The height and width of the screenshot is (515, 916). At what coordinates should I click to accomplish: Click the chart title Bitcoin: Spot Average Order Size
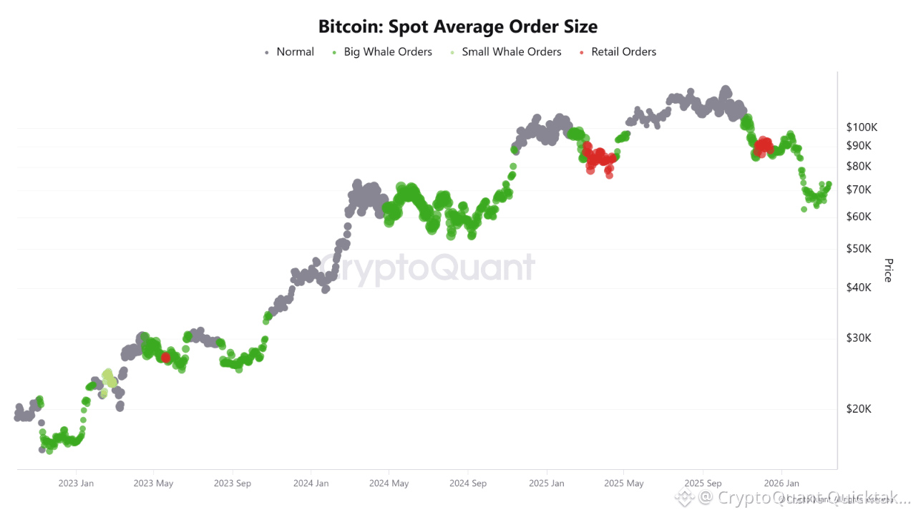tap(458, 27)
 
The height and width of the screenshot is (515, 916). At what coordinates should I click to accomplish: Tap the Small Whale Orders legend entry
tap(511, 51)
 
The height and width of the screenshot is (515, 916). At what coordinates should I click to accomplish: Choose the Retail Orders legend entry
tap(623, 51)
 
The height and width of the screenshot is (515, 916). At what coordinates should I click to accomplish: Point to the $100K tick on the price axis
tap(862, 127)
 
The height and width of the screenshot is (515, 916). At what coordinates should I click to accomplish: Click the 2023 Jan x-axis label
tap(76, 484)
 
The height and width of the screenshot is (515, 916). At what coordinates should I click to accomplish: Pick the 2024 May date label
tap(389, 484)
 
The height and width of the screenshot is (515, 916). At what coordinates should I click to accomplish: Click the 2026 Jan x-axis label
tap(781, 484)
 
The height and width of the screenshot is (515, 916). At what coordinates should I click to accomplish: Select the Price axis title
tap(888, 270)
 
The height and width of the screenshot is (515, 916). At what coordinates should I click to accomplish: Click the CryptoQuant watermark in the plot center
tap(427, 268)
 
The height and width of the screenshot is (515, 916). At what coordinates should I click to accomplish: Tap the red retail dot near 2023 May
tap(165, 357)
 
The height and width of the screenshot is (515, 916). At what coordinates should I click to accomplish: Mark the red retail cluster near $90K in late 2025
tap(763, 146)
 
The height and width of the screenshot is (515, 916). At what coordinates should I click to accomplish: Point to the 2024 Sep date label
tap(468, 484)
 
